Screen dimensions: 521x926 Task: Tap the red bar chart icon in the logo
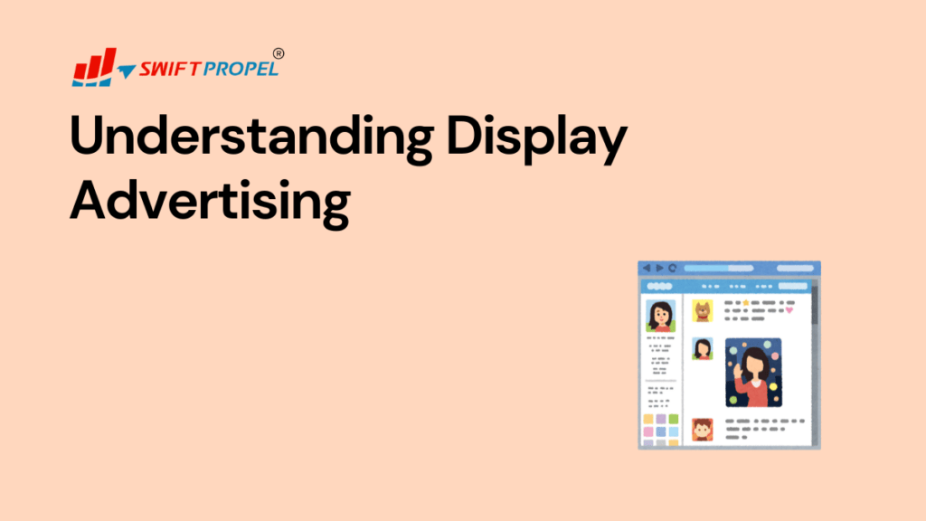93,66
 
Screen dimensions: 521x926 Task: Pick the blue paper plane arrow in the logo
125,71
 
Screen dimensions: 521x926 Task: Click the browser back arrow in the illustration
647,268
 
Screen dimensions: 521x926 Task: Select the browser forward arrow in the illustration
659,268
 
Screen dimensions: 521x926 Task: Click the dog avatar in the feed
703,311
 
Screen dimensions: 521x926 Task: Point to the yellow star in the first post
745,302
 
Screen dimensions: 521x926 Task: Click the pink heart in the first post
789,310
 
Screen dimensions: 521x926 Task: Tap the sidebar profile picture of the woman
659,316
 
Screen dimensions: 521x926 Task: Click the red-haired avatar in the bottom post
703,428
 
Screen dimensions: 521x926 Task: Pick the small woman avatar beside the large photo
703,348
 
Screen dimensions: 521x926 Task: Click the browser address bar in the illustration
742,268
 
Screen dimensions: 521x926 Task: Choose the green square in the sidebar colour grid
674,420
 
